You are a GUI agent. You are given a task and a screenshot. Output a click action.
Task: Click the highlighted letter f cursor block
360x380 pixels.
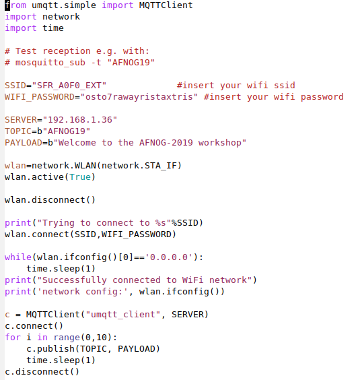(x=7, y=5)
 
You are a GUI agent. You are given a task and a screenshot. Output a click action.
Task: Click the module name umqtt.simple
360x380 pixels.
(x=64, y=5)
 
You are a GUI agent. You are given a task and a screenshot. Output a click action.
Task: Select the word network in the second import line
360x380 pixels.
(x=61, y=17)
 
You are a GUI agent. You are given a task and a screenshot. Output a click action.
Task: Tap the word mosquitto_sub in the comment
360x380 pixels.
(x=50, y=63)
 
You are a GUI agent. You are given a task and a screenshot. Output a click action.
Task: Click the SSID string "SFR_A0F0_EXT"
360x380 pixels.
(x=69, y=86)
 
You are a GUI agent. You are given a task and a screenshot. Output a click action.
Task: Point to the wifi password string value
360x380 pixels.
(x=139, y=97)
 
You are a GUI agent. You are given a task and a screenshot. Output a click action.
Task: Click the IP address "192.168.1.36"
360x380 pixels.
(x=80, y=120)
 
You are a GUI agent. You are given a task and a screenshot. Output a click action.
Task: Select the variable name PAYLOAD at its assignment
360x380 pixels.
(x=24, y=143)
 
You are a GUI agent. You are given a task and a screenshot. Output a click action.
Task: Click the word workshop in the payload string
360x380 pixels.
(x=219, y=143)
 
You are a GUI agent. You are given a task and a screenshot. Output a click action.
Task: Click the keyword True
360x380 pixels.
(x=80, y=177)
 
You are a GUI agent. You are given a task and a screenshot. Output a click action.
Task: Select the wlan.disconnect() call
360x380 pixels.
(x=50, y=200)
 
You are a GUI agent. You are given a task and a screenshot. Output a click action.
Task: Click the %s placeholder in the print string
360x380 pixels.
(x=161, y=223)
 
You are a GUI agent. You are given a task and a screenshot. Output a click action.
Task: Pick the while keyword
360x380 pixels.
(x=18, y=257)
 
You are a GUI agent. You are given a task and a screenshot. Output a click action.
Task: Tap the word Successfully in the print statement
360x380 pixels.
(x=75, y=280)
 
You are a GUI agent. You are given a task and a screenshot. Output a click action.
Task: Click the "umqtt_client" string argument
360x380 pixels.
(x=123, y=315)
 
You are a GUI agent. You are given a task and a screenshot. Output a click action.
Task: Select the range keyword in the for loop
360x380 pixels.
(x=67, y=338)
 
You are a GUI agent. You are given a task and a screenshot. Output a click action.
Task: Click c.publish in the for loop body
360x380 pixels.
(x=50, y=349)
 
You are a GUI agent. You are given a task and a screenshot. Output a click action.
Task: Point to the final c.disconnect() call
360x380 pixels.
(x=42, y=372)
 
